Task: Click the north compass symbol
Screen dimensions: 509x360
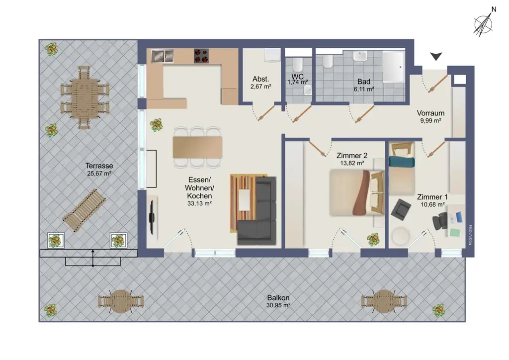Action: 483,24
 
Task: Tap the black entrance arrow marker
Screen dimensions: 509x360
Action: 436,56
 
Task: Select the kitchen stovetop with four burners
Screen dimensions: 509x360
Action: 201,56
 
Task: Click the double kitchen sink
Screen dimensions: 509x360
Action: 162,56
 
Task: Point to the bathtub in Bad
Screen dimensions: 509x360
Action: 394,67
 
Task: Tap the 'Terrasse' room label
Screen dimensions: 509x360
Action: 99,166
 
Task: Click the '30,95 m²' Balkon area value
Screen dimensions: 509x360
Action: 278,305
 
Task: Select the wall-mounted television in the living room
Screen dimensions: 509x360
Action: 152,216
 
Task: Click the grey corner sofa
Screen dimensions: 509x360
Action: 257,211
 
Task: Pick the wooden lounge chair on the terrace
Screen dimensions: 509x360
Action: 85,210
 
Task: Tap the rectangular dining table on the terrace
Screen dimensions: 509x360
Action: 85,97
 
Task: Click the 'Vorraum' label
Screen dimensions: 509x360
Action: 430,113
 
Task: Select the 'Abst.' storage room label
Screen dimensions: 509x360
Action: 260,79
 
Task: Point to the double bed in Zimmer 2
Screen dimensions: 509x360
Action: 356,192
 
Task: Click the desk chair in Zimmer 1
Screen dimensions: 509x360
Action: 440,221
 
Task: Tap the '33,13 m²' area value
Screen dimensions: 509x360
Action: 199,203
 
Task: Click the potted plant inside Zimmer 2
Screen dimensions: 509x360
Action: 373,240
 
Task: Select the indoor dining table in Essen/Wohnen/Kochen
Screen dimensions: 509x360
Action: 197,147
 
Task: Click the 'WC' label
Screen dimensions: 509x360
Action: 297,77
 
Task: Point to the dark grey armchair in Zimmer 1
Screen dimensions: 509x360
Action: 401,209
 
